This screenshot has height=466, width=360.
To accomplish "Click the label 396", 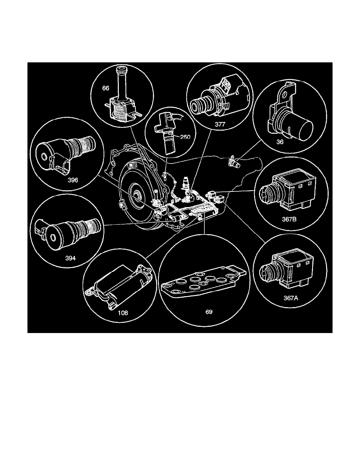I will pos(73,181).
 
